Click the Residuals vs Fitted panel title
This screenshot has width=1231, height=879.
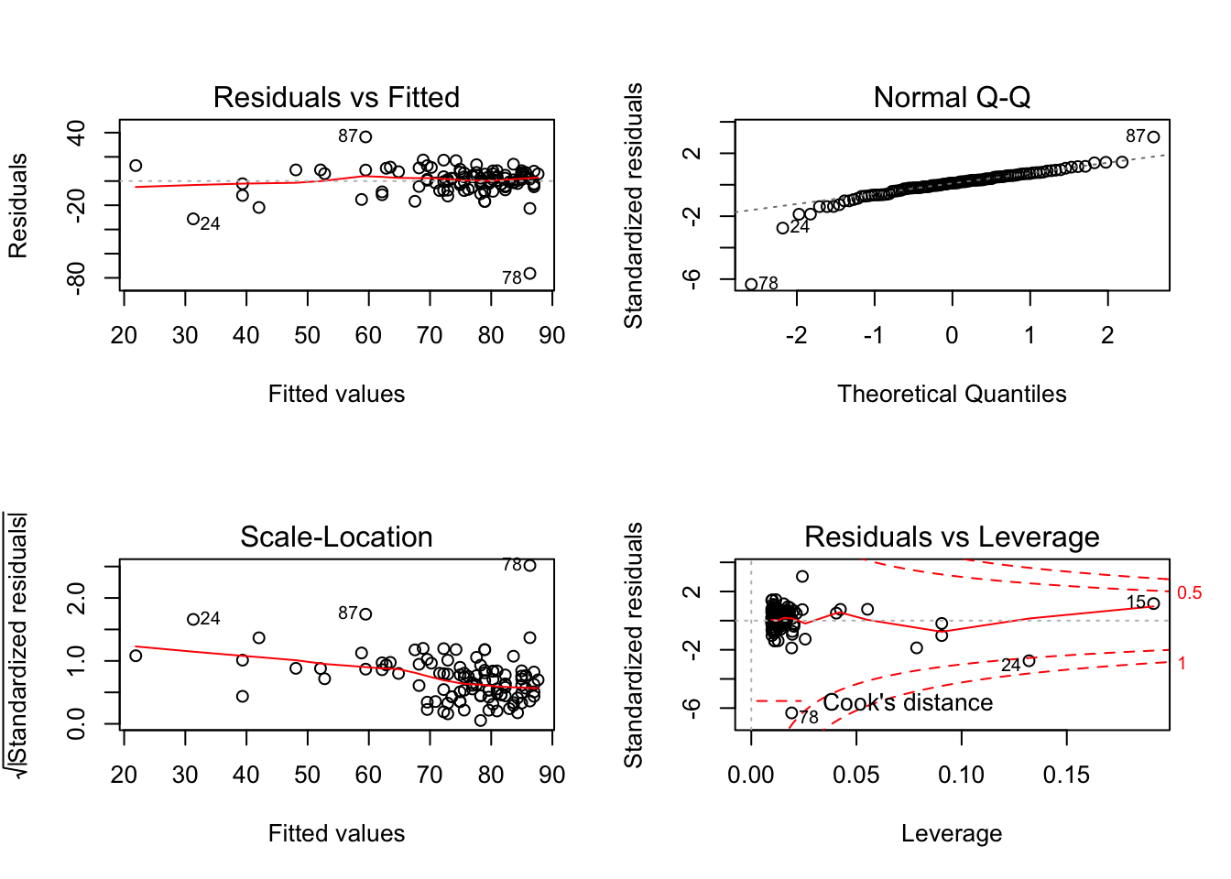[336, 97]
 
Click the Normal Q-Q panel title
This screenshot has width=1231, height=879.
[952, 97]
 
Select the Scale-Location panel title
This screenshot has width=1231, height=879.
[336, 537]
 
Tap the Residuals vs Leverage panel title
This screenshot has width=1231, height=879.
[952, 537]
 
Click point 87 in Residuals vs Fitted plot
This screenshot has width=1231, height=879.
[365, 137]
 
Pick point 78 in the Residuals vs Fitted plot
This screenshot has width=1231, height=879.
[529, 273]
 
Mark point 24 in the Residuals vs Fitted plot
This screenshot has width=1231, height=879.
[193, 219]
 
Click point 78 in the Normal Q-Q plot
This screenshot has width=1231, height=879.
[751, 284]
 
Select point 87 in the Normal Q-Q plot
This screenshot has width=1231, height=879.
[1153, 137]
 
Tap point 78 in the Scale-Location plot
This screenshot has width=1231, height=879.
[529, 565]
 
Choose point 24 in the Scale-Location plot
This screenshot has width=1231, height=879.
[193, 620]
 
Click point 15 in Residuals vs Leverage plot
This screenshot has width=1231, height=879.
[1153, 603]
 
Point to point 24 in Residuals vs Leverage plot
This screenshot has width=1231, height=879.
[1029, 661]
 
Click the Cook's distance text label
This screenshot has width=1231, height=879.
[908, 702]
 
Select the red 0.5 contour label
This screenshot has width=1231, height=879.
[1189, 593]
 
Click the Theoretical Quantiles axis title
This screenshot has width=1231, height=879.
[952, 394]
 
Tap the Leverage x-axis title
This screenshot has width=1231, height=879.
[952, 833]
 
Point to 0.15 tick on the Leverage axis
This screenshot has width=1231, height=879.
[1066, 775]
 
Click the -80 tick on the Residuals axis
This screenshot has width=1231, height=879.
[77, 277]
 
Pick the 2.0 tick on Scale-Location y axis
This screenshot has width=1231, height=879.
[77, 599]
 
